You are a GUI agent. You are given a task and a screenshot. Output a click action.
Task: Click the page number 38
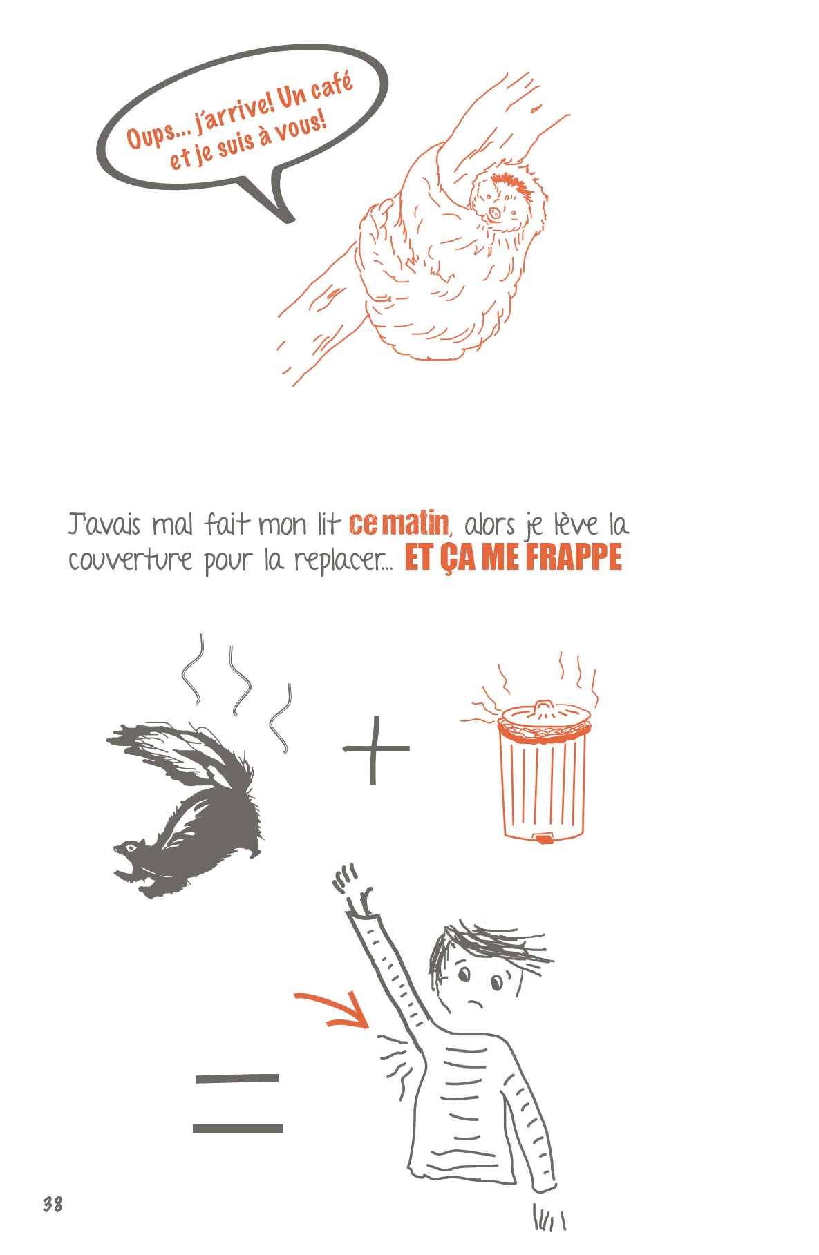pyautogui.click(x=53, y=1204)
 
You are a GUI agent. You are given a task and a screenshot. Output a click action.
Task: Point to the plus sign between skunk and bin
pyautogui.click(x=376, y=749)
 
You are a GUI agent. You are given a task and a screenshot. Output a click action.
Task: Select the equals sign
pyautogui.click(x=238, y=1102)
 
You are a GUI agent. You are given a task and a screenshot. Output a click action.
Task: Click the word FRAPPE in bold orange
pyautogui.click(x=573, y=557)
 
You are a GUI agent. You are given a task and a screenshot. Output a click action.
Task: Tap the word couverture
pyautogui.click(x=130, y=559)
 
